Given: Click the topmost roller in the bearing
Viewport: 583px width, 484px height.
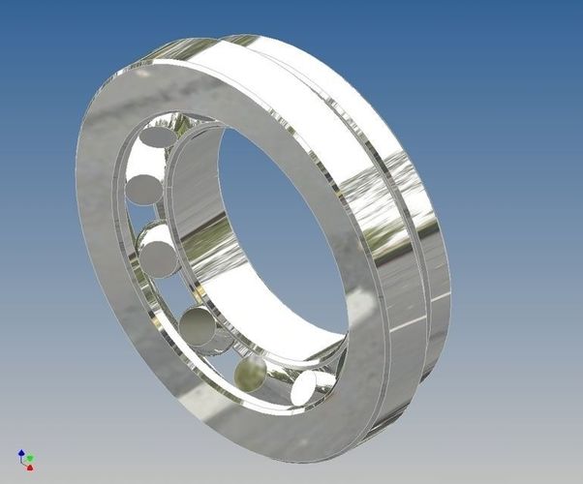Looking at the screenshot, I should pos(156,137).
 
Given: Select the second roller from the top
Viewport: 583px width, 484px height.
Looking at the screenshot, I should pos(144,187).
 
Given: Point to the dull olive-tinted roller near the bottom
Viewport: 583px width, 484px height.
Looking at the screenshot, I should pos(250,371).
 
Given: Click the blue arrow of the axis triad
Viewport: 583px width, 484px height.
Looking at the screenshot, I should pos(22,452).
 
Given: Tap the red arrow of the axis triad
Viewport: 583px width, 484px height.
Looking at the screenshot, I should pos(29,467).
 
